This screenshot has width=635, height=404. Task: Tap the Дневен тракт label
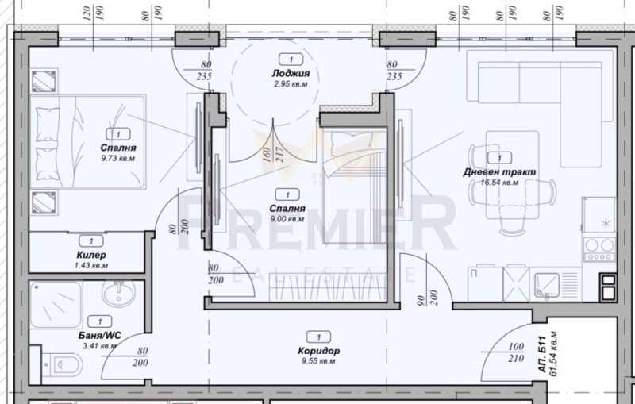click(x=499, y=172)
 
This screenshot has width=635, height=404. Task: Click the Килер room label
click(x=92, y=256)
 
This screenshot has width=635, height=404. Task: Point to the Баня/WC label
click(x=98, y=336)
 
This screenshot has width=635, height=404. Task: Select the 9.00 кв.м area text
click(x=287, y=219)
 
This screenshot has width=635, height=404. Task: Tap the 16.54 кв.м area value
click(x=499, y=182)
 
